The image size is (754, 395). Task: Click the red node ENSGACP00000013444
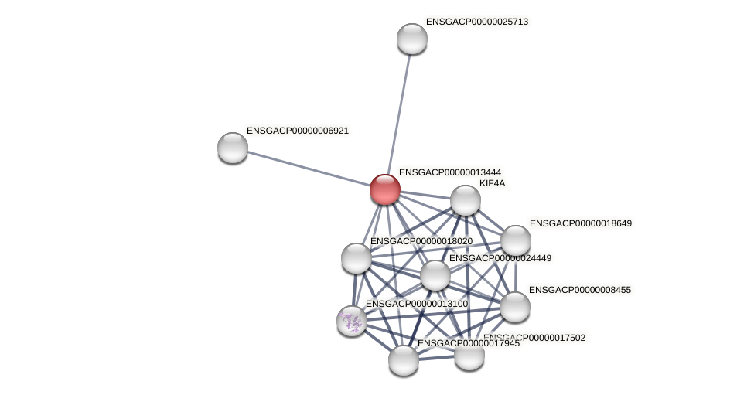[x=384, y=189]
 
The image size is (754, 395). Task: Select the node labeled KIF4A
[x=465, y=200]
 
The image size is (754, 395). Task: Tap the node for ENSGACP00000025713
[x=412, y=39]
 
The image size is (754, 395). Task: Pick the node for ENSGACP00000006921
[x=233, y=148]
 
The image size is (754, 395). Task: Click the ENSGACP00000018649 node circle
[x=516, y=240]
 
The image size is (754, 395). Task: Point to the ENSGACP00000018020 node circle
[x=357, y=258]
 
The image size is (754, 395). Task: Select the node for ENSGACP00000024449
[x=435, y=275]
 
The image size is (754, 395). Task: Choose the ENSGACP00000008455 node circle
[x=515, y=307]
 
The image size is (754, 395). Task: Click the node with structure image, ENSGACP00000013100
[x=352, y=321]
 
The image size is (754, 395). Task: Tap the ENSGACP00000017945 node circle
[x=403, y=360]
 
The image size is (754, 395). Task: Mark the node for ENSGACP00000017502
[x=469, y=355]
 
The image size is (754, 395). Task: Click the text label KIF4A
[x=492, y=183]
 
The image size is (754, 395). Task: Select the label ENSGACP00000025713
[x=476, y=22]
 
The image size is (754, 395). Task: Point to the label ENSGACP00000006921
[x=297, y=131]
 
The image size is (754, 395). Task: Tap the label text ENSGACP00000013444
[x=449, y=172]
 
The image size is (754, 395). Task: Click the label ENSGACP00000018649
[x=580, y=223]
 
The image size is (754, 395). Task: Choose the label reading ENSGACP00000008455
[x=579, y=290]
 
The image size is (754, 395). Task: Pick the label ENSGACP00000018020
[x=421, y=241]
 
